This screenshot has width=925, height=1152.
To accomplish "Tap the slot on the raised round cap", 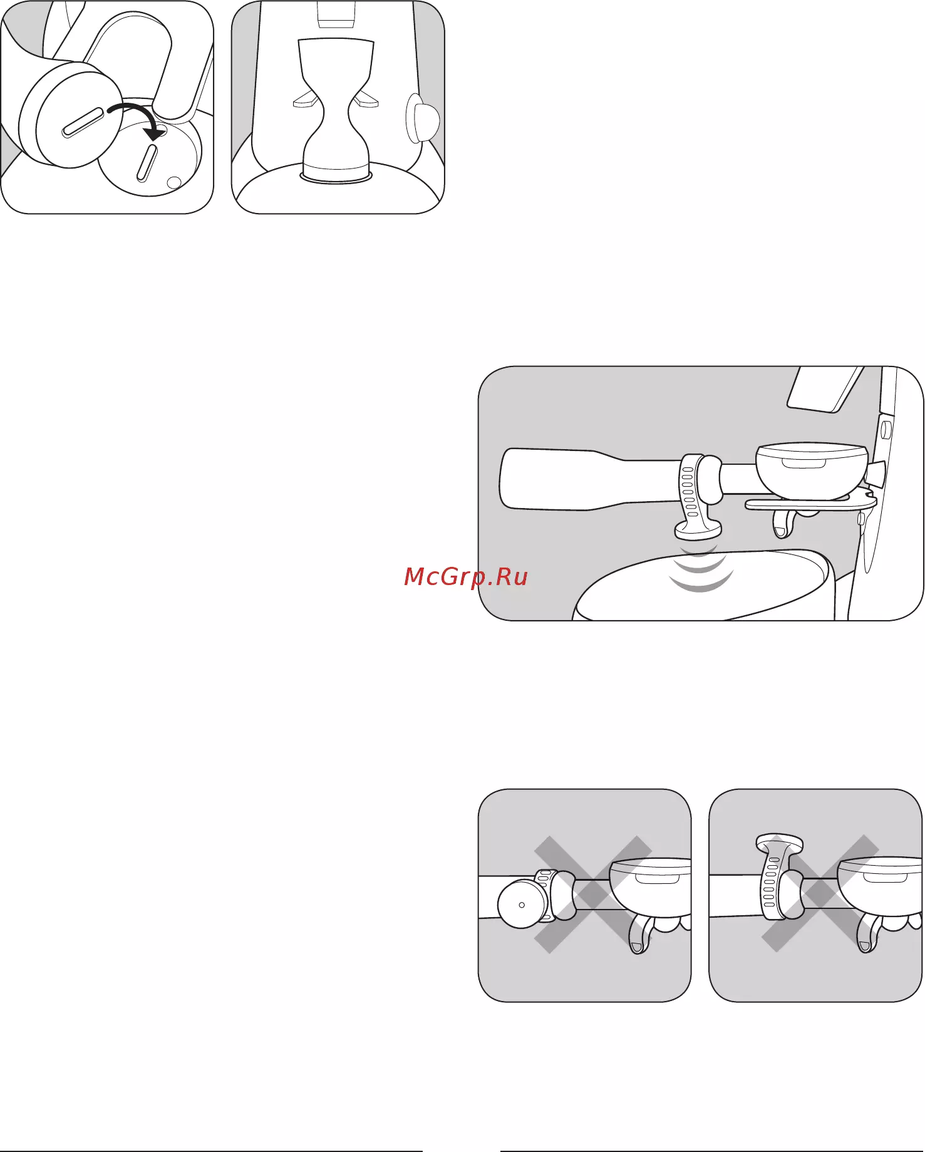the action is coord(83,122).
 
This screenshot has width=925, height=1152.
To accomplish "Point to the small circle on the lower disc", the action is coord(175,182).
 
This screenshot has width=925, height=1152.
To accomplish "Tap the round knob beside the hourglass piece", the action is coord(423,119).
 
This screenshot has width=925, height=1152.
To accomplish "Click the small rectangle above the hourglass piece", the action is coord(336,14).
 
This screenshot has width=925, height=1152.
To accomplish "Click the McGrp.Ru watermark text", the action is coord(466,576).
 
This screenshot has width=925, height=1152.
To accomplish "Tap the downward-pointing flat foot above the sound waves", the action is coord(698,531).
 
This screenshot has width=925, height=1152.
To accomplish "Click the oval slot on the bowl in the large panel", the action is coord(804,464).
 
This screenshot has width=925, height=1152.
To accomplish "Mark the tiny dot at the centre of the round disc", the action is coord(522,905).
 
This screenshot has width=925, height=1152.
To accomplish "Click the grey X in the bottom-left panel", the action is coord(594,895).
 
